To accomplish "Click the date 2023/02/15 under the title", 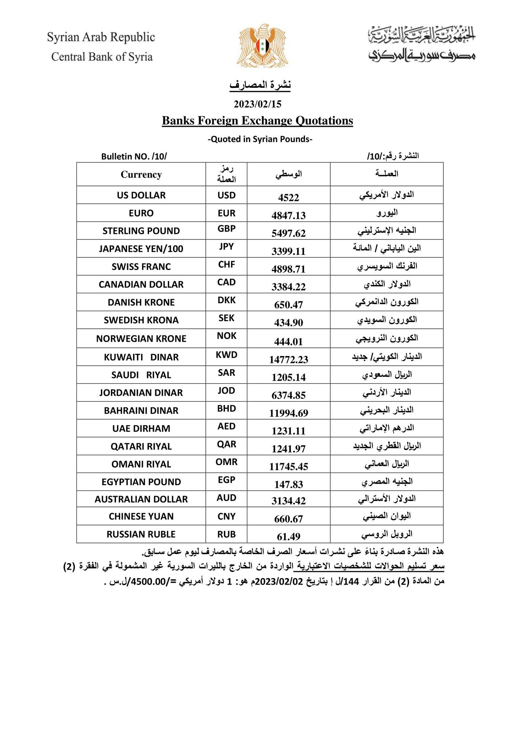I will coord(257,104).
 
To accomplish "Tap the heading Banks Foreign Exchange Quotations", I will coord(257,121).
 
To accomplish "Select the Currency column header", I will coord(141,174).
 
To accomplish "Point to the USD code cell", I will coord(227,195).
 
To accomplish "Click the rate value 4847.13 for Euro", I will coord(289,215).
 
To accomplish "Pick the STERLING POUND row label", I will coord(141,231).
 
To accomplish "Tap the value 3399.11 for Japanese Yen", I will coord(289,251).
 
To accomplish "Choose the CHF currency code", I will coord(227,264).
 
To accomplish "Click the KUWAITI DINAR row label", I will coord(141,357).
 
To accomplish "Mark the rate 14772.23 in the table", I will coord(289,359).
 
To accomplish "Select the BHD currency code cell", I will coord(227,408).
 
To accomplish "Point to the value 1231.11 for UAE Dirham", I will coord(289,431).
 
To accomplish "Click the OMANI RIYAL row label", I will coord(141,464).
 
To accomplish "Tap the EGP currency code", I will coord(227,480).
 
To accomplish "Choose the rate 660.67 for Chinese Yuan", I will coord(289,519).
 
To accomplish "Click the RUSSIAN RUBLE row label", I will coord(141,534).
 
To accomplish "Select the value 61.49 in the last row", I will coord(289,537).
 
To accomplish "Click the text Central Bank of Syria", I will coord(102,57).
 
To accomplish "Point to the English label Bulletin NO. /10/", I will coord(134,156).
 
